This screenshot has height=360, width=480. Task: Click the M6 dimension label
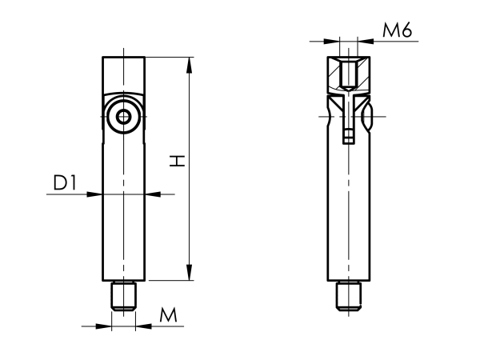(x=397, y=31)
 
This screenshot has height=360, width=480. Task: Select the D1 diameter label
(x=65, y=183)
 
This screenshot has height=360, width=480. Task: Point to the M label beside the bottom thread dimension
(x=168, y=315)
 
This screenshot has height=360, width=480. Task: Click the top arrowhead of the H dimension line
(x=190, y=63)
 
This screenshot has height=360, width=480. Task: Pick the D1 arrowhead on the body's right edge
(x=150, y=194)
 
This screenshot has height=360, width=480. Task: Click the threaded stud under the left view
(x=123, y=296)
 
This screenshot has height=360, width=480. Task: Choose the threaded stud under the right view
(x=348, y=296)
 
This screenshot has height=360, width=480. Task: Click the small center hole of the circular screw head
(x=123, y=117)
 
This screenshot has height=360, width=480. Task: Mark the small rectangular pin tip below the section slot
(x=348, y=138)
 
